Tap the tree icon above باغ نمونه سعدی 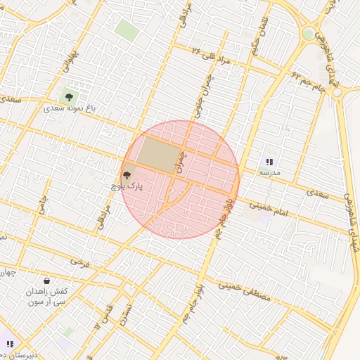tap(69, 96)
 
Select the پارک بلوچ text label tap(127, 186)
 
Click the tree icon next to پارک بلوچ tap(127, 175)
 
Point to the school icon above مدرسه tap(269, 162)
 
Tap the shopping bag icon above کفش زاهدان tap(46, 281)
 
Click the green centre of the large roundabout tap(308, 34)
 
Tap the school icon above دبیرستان tap(10, 344)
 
